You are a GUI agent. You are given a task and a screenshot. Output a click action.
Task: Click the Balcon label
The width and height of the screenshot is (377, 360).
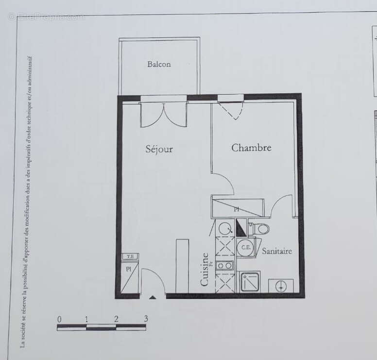159,64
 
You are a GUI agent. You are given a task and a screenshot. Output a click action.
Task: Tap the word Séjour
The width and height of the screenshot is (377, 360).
159,149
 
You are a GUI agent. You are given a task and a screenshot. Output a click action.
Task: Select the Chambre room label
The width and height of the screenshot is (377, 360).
251,148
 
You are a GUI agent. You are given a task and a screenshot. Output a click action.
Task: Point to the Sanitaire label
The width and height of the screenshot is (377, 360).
277,251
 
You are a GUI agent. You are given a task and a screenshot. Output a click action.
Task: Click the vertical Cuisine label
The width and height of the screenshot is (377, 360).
205,269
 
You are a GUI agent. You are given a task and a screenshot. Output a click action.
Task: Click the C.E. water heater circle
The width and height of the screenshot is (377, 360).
246,247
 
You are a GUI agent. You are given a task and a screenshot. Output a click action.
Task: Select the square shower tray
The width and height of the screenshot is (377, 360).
250,281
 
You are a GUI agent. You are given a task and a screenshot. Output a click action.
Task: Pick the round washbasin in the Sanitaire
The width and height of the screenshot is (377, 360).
280,286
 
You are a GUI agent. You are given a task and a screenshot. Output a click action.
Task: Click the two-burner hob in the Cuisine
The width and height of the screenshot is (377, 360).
225,265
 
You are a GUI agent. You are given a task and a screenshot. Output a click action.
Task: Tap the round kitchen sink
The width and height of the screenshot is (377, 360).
224,227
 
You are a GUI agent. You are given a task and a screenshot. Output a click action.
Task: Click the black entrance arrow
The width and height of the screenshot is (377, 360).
153,296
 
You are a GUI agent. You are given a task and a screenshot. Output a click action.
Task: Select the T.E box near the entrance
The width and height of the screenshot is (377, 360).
130,257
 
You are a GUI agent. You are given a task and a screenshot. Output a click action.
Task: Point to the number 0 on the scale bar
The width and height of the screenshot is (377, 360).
59,319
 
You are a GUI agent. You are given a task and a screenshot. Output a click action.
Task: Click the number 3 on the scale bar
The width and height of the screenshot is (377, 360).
146,319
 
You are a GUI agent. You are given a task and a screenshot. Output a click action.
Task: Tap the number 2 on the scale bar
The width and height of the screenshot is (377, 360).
117,319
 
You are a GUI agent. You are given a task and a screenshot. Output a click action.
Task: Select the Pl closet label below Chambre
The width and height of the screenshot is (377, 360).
237,209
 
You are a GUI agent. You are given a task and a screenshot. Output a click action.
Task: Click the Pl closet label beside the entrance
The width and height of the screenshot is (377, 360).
129,269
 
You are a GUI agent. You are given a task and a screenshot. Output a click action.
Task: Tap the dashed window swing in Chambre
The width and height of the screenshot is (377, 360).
231,111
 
